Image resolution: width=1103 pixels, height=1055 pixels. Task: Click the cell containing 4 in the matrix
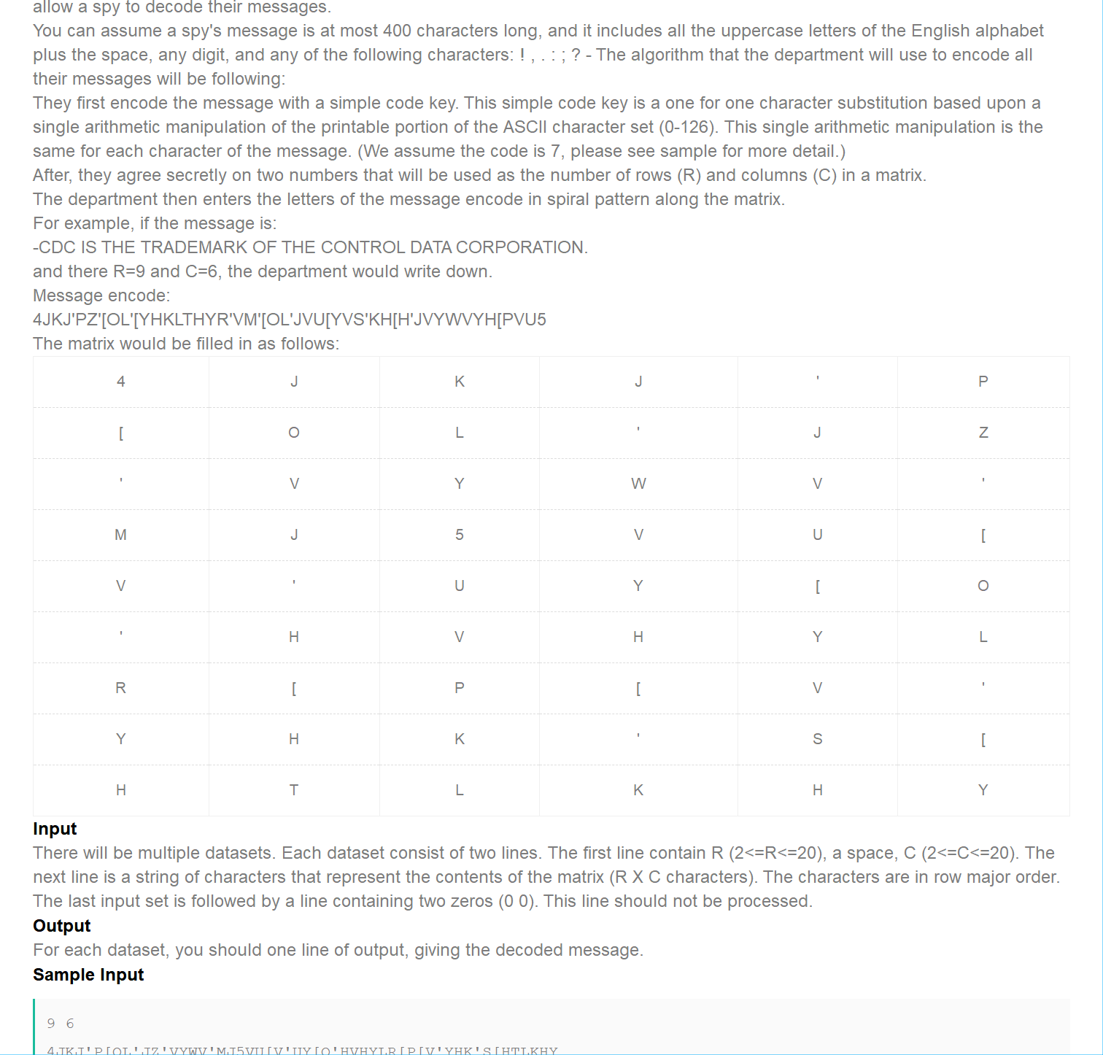[121, 382]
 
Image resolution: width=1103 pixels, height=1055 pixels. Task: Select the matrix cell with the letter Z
[983, 433]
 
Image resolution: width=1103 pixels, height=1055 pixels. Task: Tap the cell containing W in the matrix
[638, 484]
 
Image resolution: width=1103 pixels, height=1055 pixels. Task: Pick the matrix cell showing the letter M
[121, 535]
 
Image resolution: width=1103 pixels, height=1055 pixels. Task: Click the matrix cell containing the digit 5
[459, 535]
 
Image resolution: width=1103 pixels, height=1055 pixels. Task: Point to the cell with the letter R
[121, 688]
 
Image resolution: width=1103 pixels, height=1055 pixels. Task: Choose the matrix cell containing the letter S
[817, 739]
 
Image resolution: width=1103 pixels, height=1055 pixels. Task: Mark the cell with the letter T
[293, 790]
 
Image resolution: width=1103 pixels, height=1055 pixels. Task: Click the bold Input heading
[55, 829]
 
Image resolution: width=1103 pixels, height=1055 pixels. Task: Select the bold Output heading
[62, 926]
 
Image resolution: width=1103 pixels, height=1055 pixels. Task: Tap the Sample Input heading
[88, 975]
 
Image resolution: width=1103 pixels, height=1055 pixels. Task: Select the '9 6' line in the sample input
[61, 1024]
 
